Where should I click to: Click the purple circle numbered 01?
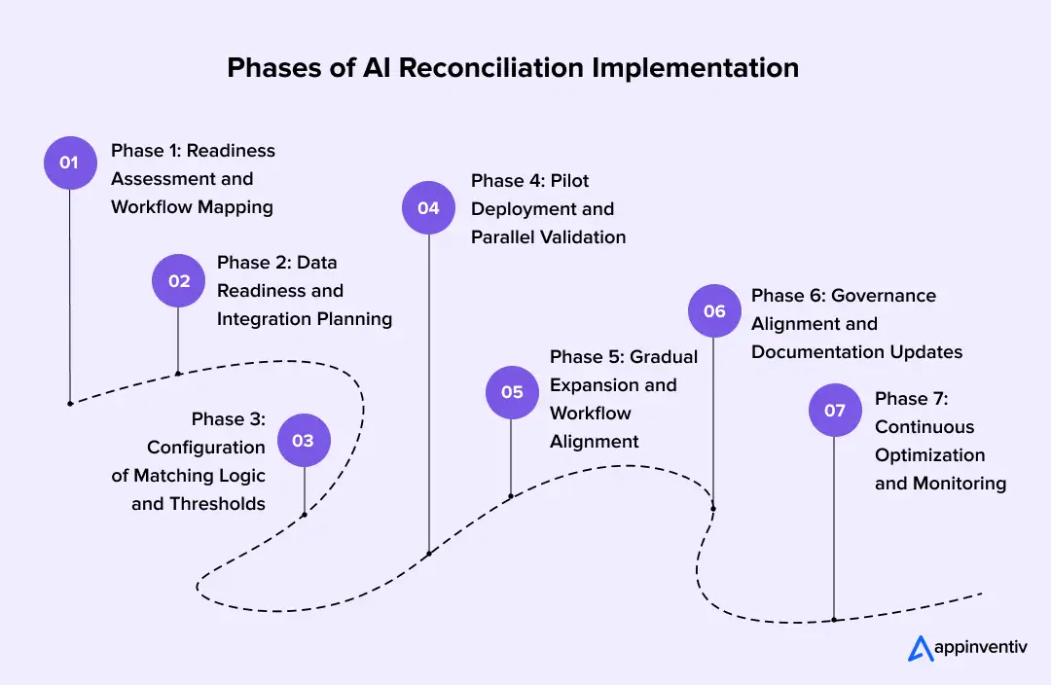(70, 162)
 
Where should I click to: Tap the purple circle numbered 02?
(178, 281)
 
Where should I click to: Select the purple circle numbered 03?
(304, 441)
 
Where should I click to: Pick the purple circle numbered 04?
(429, 208)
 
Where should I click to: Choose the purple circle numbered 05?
(512, 392)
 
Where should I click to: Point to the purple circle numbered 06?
(714, 311)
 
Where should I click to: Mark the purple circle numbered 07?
(835, 411)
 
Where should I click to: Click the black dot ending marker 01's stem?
(70, 403)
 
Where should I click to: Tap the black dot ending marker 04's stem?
(429, 554)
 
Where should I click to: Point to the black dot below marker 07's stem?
(834, 619)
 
